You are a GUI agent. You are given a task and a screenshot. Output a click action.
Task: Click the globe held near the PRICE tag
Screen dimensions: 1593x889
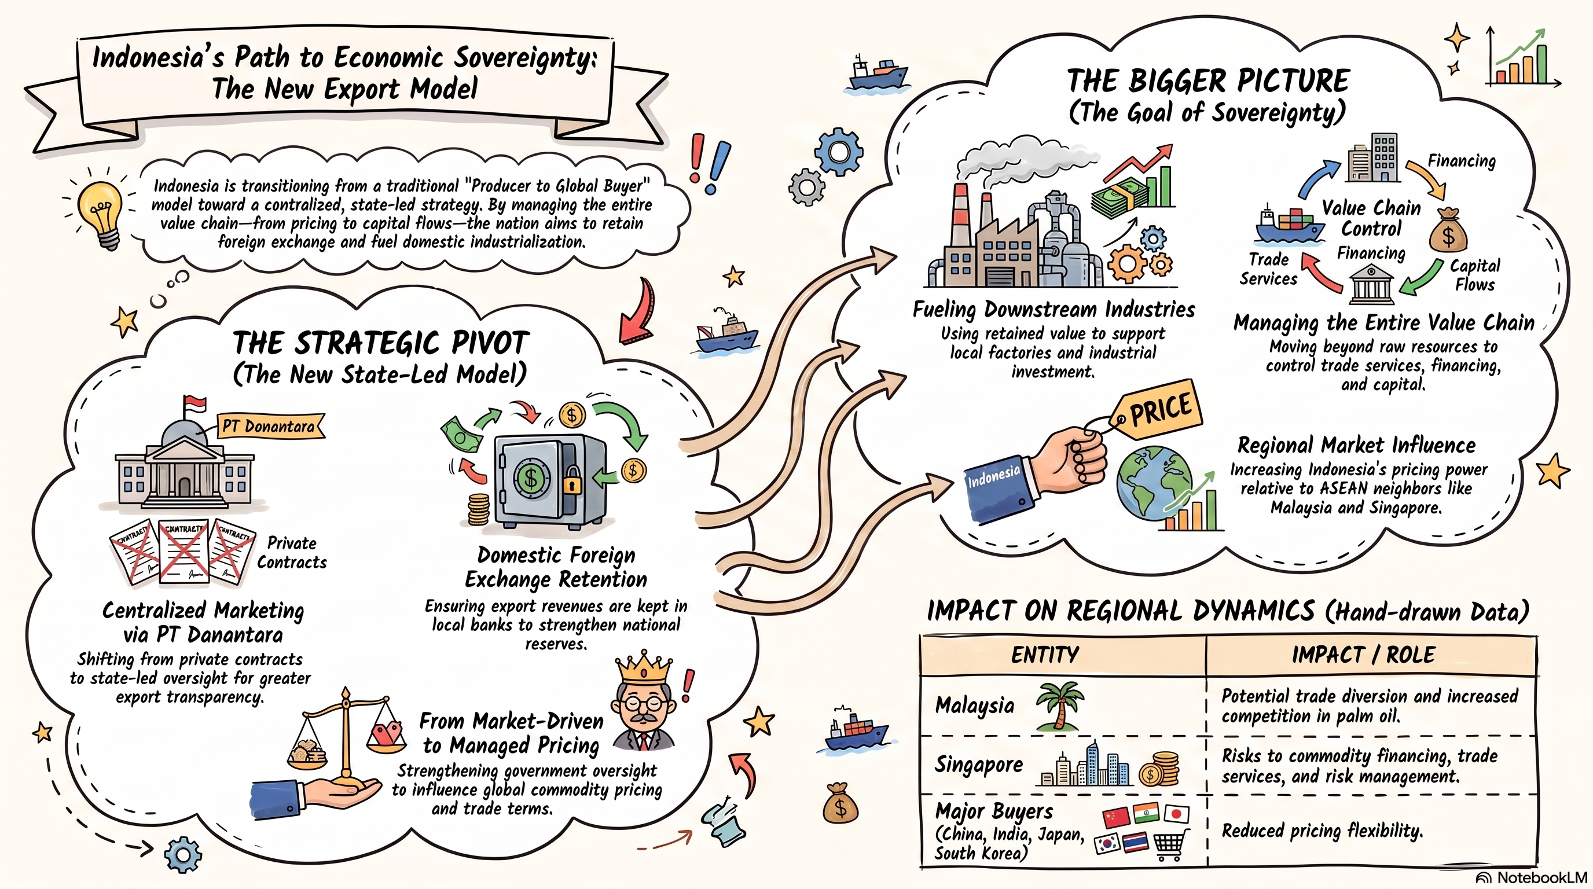[x=1154, y=484]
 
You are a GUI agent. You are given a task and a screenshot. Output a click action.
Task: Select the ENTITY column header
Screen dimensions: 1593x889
[x=1045, y=655]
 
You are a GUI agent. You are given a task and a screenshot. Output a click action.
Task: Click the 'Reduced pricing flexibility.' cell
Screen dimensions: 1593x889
[x=1322, y=831]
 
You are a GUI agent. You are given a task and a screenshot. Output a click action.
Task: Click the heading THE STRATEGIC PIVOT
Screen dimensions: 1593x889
[x=381, y=343]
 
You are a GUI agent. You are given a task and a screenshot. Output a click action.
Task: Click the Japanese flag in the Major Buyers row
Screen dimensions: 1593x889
[x=1176, y=814]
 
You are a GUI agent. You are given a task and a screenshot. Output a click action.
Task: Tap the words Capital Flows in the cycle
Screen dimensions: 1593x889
[x=1475, y=275]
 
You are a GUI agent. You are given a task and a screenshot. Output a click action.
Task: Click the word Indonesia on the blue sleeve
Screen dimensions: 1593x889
[x=994, y=476]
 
